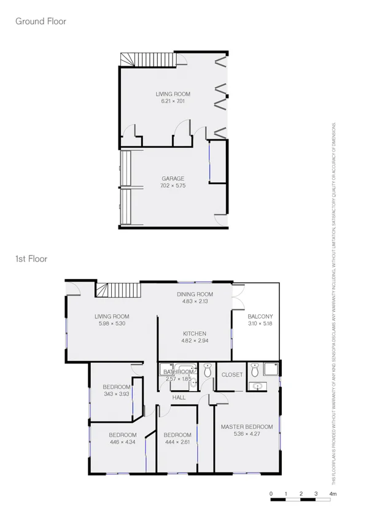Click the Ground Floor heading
(41, 21)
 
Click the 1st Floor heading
(31, 259)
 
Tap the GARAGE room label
(173, 179)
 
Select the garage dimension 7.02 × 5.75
(173, 185)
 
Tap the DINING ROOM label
(195, 295)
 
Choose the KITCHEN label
(195, 334)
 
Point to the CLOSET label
(232, 374)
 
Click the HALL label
(179, 398)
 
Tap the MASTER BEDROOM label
(247, 426)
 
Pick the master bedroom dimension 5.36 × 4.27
(247, 433)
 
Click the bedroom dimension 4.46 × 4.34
(117, 442)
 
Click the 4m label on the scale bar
(333, 493)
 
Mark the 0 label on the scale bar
(271, 493)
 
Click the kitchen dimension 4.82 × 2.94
(195, 341)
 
